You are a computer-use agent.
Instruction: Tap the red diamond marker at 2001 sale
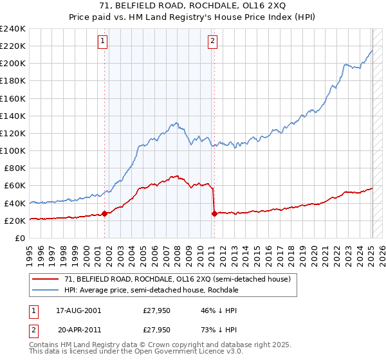click(104, 214)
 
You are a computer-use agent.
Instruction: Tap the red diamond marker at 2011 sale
click(214, 214)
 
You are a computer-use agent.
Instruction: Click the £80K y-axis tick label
click(15, 168)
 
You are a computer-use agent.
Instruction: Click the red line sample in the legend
click(46, 279)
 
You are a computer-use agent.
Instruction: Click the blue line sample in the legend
click(46, 290)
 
